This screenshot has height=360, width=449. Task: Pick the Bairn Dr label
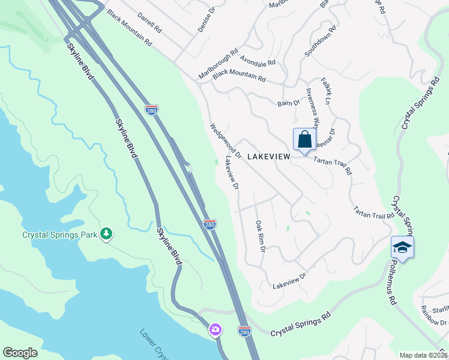pyautogui.click(x=288, y=103)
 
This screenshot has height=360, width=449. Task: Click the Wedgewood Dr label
pyautogui.click(x=224, y=141)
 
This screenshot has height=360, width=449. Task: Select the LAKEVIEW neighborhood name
pyautogui.click(x=268, y=157)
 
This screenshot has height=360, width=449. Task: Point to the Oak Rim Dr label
pyautogui.click(x=260, y=236)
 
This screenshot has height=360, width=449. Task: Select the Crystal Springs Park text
pyautogui.click(x=60, y=235)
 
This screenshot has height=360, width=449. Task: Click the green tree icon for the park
pyautogui.click(x=106, y=233)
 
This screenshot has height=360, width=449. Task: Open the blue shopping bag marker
pyautogui.click(x=304, y=140)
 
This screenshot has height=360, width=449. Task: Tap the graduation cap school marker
pyautogui.click(x=402, y=247)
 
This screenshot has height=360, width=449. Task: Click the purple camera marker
pyautogui.click(x=215, y=330)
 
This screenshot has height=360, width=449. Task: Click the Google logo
pyautogui.click(x=20, y=353)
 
